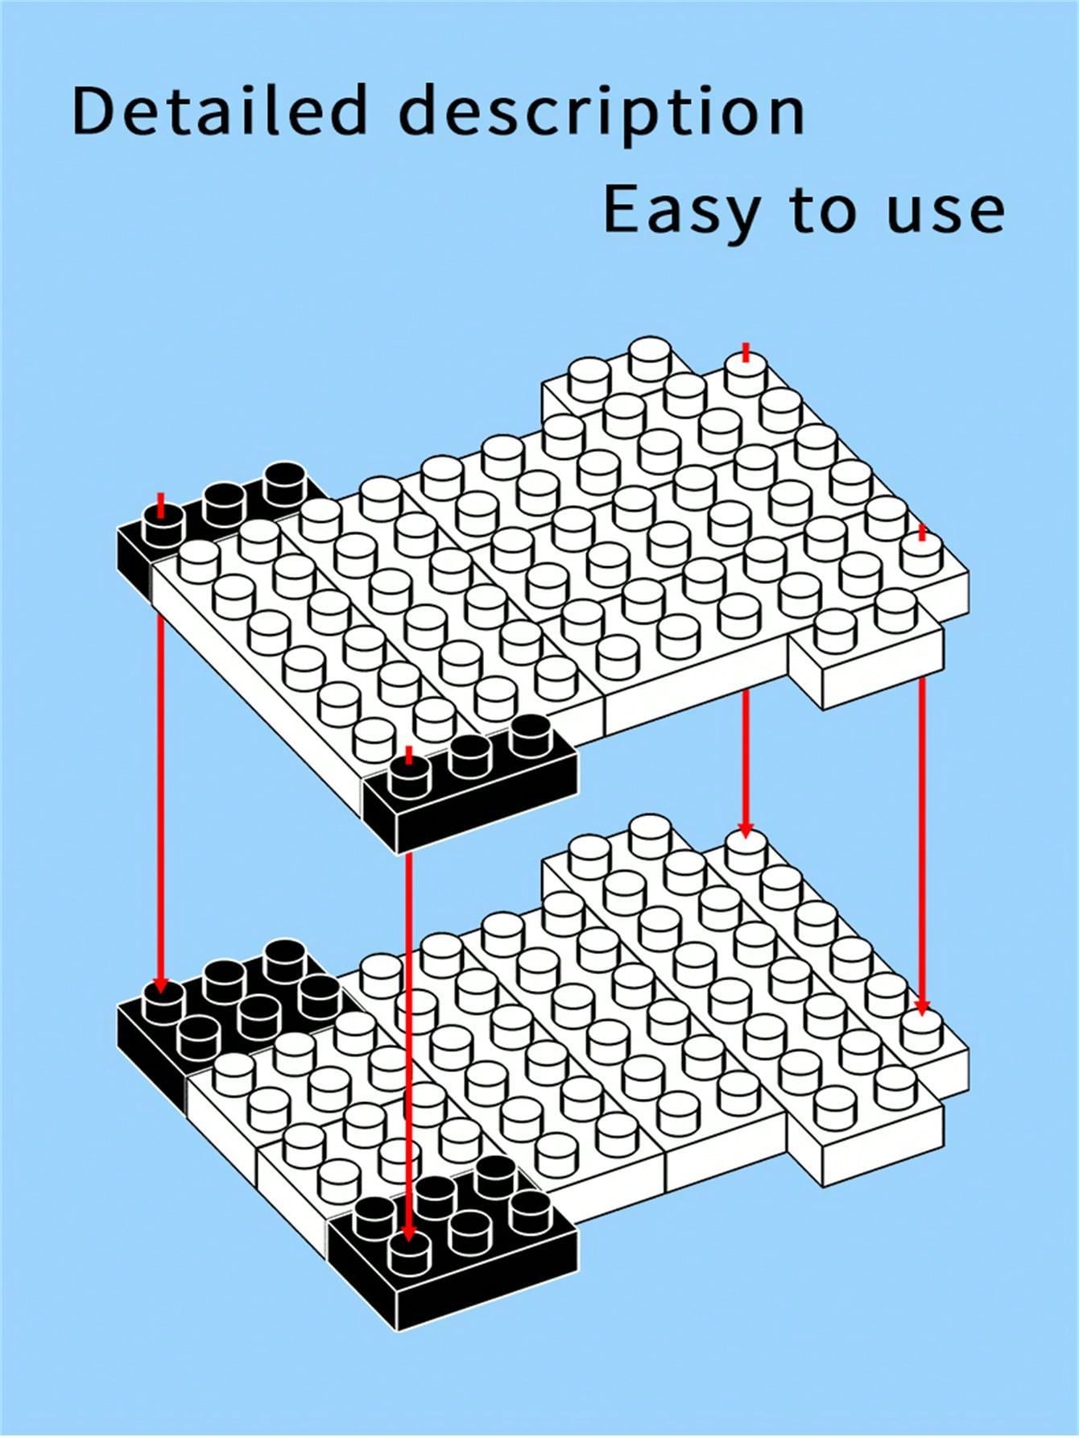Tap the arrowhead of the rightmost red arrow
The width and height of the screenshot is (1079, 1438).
(x=922, y=1007)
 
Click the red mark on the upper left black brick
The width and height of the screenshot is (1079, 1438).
(x=161, y=505)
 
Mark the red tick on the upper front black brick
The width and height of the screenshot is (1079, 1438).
(x=409, y=756)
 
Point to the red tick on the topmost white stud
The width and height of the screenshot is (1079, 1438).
(x=746, y=353)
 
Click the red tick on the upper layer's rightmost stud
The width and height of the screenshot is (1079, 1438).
(x=922, y=533)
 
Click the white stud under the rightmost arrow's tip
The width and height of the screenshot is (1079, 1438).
(x=923, y=1030)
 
